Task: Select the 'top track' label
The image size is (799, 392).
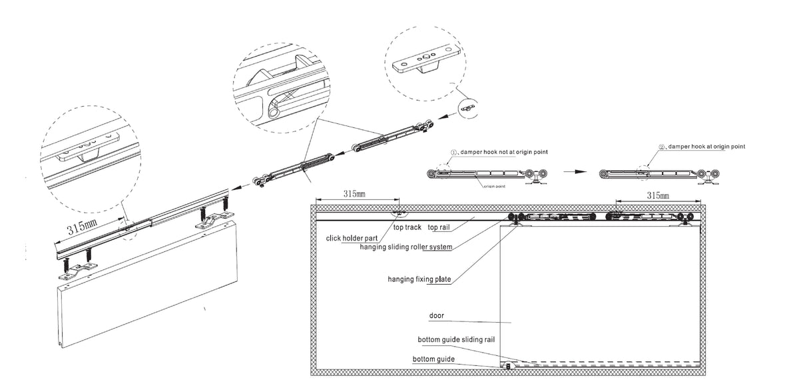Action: click(x=407, y=228)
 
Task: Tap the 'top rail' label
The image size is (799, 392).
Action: click(x=441, y=228)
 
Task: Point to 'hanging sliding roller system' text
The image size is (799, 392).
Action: click(x=405, y=247)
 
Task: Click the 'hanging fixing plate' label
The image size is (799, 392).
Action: click(x=419, y=279)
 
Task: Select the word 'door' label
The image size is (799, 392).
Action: click(x=437, y=315)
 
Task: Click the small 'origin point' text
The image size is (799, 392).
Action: click(x=494, y=187)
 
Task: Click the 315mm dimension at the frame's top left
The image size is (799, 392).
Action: click(x=354, y=195)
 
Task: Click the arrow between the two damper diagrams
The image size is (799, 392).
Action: click(x=573, y=171)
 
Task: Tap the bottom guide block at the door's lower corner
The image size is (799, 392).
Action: click(x=507, y=365)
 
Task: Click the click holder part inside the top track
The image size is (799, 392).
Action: click(x=400, y=213)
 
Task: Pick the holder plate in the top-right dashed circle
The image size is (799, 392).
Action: click(x=425, y=64)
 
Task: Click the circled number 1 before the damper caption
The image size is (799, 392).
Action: click(x=453, y=152)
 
